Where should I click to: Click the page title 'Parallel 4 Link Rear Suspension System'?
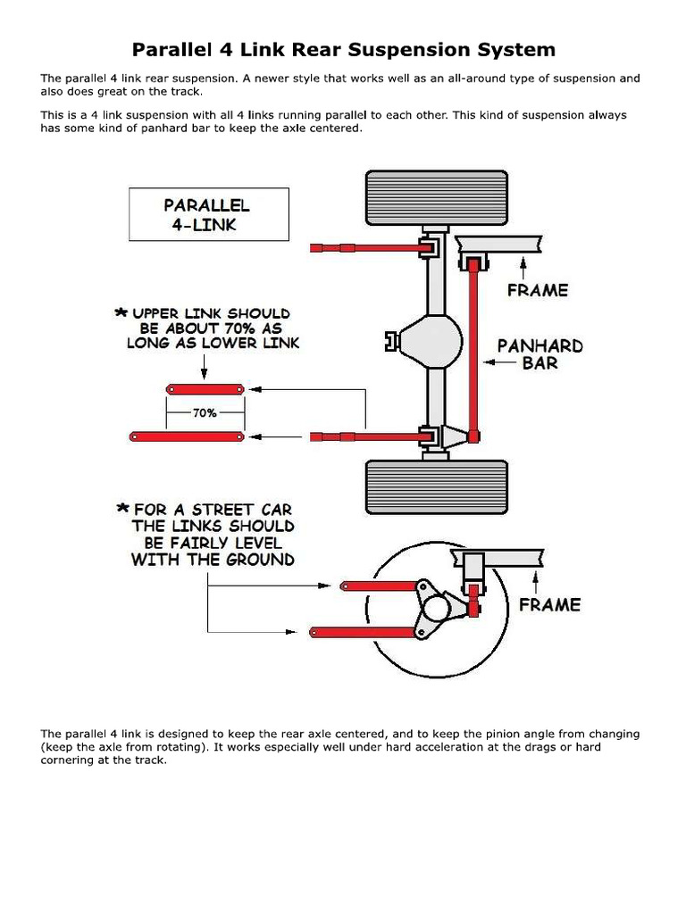344,49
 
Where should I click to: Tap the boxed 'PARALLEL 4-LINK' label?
207,214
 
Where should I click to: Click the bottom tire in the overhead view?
436,487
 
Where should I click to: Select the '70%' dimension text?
205,413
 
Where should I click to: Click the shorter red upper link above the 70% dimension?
205,389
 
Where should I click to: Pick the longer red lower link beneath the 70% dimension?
188,436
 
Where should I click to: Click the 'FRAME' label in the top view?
537,290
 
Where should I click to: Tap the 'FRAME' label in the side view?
549,604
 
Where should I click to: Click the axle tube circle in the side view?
436,609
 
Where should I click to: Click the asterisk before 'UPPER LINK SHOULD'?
121,314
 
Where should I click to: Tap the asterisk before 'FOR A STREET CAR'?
122,508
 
